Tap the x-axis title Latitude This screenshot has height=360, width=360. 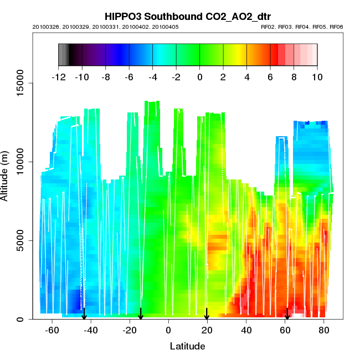pyautogui.click(x=187, y=346)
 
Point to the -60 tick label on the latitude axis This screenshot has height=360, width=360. pyautogui.click(x=52, y=331)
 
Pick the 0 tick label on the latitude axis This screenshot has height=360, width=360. pyautogui.click(x=168, y=331)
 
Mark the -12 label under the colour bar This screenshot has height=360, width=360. pyautogui.click(x=58, y=78)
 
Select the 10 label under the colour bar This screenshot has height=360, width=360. pyautogui.click(x=317, y=78)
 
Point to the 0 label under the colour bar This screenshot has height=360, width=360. pyautogui.click(x=200, y=78)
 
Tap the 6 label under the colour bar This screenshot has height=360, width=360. pyautogui.click(x=270, y=78)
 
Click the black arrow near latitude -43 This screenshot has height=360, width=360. pyautogui.click(x=84, y=314)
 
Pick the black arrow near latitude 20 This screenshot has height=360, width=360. pyautogui.click(x=207, y=314)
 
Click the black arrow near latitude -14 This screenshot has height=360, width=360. pyautogui.click(x=141, y=314)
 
